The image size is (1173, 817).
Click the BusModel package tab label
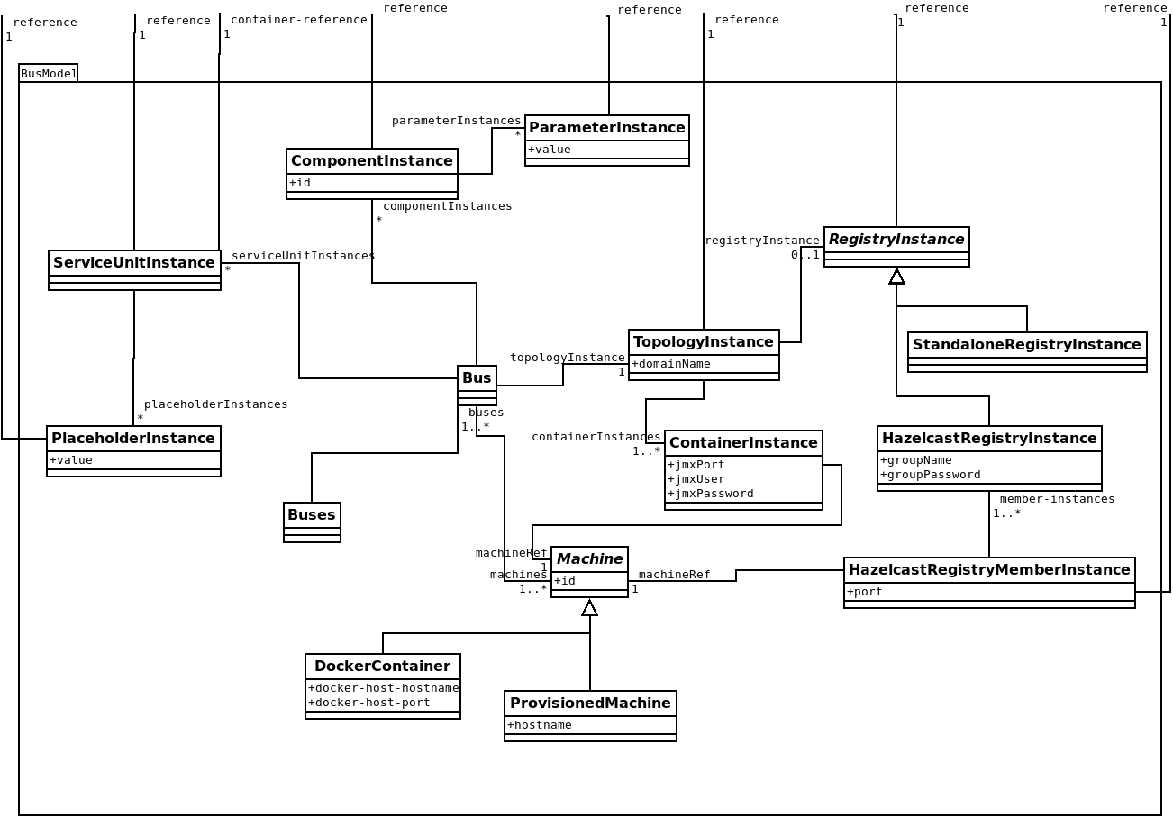tap(49, 74)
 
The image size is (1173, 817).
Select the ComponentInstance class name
tap(371, 161)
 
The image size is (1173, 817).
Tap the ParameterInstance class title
tap(606, 128)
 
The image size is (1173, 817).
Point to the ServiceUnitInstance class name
tap(134, 263)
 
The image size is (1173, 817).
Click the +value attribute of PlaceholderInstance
tap(71, 460)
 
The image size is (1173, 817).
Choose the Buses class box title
tap(312, 515)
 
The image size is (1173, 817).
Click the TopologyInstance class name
tap(704, 342)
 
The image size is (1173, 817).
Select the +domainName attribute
tap(671, 364)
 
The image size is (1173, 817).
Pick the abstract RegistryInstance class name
tap(896, 240)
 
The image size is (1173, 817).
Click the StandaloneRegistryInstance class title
tap(1027, 345)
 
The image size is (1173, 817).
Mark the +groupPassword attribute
tap(931, 475)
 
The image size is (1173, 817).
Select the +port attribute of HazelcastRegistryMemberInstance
tap(865, 592)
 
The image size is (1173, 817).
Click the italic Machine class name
tap(589, 559)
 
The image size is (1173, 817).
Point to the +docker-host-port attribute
tap(369, 703)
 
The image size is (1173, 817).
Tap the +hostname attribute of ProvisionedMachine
tap(540, 725)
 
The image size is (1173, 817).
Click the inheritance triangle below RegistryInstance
tap(896, 277)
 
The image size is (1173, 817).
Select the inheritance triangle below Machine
tap(590, 608)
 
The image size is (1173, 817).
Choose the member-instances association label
tap(1057, 499)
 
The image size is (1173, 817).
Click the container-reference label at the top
tap(298, 20)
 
